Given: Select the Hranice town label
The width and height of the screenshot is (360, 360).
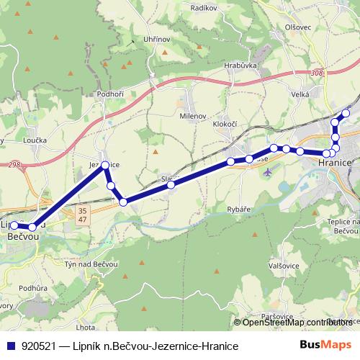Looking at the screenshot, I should coord(334,163).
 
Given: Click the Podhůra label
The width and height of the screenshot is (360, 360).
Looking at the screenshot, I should coord(33,288).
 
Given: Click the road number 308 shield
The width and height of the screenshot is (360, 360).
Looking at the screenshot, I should coord(318,73).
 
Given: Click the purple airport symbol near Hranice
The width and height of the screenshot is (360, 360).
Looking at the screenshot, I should coord(269,173).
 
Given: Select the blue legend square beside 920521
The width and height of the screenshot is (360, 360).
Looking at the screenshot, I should coord(12,346).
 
